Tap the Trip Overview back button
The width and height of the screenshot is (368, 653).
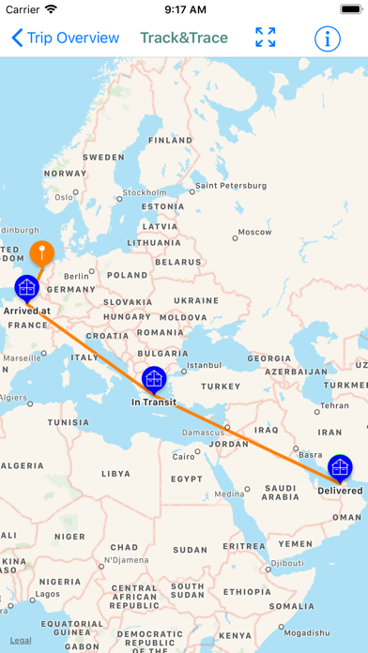66,38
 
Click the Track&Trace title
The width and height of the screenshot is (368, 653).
184,38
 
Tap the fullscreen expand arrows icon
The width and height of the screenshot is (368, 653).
266,38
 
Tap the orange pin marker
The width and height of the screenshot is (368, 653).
41,252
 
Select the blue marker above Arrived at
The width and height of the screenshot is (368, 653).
26,287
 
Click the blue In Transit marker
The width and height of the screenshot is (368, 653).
154,380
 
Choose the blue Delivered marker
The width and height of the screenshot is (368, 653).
340,467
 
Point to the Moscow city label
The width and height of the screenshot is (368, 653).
253,232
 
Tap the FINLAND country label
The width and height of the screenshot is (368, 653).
170,140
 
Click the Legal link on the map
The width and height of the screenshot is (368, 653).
20,641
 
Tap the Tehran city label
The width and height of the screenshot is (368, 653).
336,406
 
